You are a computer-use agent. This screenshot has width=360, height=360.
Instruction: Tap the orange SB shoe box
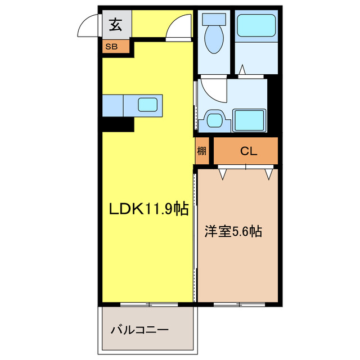coord(110,47)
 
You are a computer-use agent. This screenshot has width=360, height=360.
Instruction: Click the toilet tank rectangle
coord(214,19)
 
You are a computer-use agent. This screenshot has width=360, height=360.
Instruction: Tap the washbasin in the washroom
coord(214,119)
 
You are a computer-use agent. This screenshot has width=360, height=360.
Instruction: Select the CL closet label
coord(249,151)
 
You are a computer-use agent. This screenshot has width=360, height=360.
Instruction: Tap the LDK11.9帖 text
coord(148,209)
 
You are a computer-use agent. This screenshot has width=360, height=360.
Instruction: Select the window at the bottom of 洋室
coord(238,305)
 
